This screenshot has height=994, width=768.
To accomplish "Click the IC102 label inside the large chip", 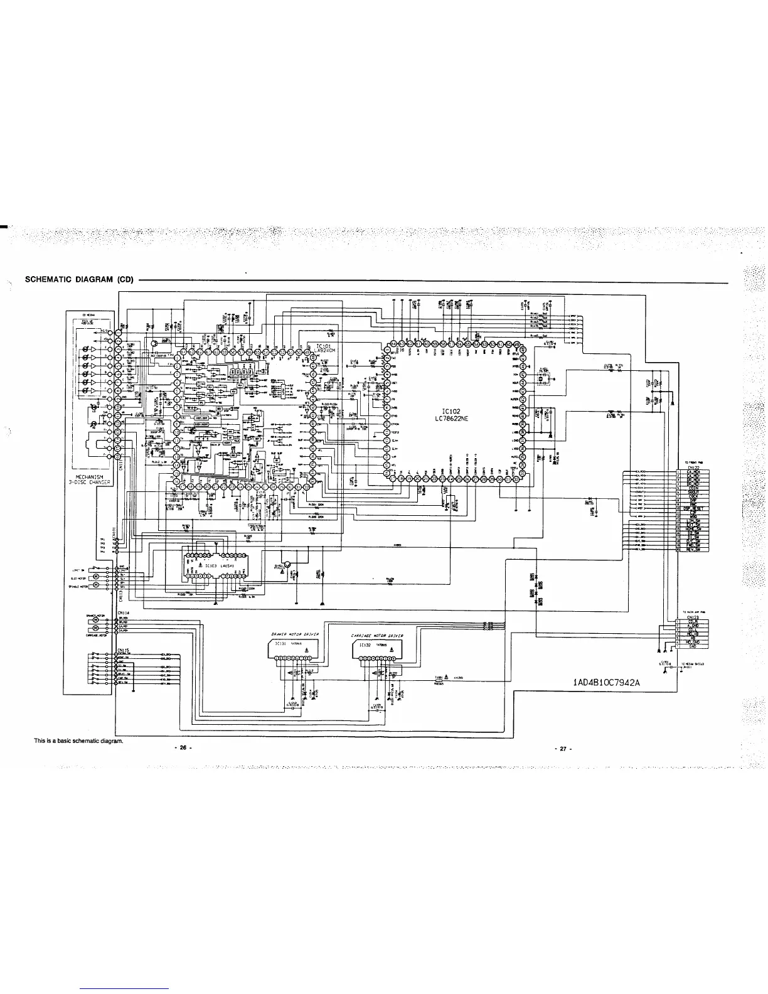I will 451,412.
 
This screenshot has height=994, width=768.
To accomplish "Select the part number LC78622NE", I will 451,419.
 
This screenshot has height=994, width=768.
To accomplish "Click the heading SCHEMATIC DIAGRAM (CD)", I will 78,279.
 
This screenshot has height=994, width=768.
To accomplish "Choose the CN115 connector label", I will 123,649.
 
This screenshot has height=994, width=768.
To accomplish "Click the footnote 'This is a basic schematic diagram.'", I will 78,740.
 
